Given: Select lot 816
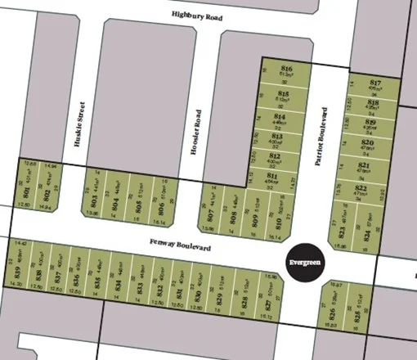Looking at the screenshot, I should coord(286,70).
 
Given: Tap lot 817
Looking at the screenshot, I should coord(375,87).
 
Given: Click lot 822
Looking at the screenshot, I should coord(367,193).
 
